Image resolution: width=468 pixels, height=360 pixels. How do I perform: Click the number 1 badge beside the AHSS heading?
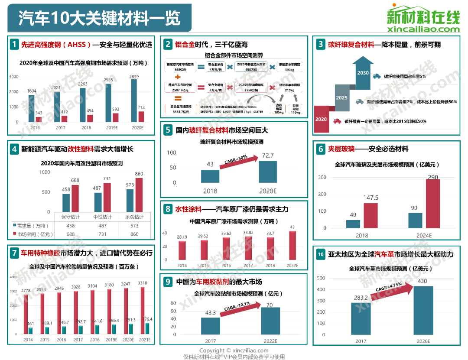click(x=14, y=44)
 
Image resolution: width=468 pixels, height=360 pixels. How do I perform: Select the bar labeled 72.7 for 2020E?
click(x=267, y=172)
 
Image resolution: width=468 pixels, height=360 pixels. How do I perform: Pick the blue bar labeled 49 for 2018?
click(x=353, y=224)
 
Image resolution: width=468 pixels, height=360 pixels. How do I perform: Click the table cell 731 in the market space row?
click(x=102, y=234)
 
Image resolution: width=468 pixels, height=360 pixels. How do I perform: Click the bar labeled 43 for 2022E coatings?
click(x=292, y=246)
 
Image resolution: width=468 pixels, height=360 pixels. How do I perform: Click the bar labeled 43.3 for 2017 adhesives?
click(x=210, y=325)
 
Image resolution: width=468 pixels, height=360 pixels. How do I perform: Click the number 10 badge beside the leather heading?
click(x=320, y=254)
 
